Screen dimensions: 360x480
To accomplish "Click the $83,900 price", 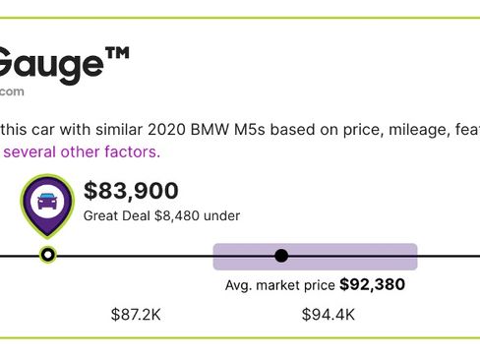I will coord(131,191).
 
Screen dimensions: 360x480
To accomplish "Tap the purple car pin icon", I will coord(46,205).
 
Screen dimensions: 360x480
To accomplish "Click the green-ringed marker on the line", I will coord(47,256).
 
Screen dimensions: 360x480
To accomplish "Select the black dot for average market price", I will coord(281,256).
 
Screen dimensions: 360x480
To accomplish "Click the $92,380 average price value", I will coord(372,285).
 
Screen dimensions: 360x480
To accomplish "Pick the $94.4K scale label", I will coord(329,315).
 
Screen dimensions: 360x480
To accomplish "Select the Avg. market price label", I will coord(279,285).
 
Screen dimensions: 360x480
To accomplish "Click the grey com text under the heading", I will coord(12,91).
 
